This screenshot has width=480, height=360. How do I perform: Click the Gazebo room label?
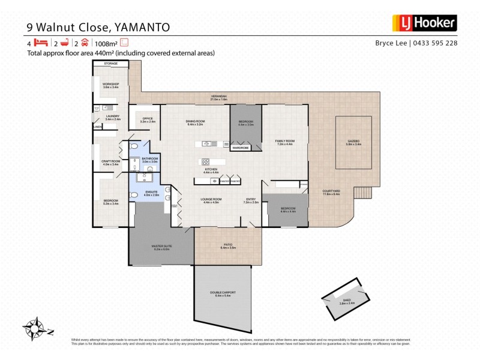point(354,143)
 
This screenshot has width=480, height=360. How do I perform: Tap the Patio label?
point(228,245)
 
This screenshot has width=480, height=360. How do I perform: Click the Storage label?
point(111,63)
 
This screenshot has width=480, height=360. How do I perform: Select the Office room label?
point(148,119)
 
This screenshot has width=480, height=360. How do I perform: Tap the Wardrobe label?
point(241,148)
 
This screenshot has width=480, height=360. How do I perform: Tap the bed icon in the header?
point(40,43)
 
